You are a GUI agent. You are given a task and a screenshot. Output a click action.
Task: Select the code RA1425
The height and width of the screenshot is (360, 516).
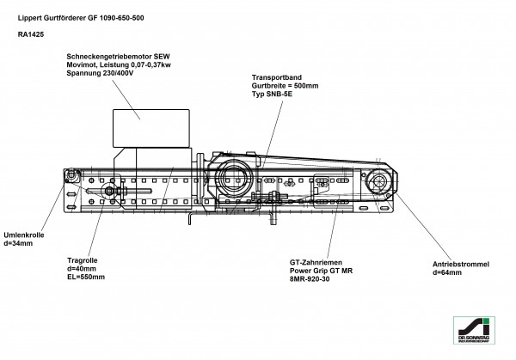pyautogui.click(x=31, y=35)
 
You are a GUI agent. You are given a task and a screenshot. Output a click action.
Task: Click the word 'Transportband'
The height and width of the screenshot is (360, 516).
pyautogui.click(x=277, y=76)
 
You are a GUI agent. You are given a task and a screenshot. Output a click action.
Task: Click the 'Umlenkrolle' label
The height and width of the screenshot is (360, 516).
pyautogui.click(x=23, y=235)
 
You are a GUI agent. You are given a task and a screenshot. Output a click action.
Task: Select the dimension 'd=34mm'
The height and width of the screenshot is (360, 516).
pyautogui.click(x=18, y=244)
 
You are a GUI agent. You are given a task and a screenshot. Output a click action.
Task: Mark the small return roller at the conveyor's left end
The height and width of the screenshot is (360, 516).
pyautogui.click(x=69, y=177)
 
